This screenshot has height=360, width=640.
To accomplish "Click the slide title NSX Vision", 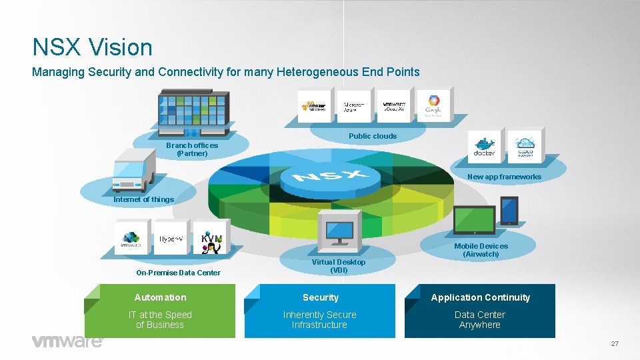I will coord(93,47).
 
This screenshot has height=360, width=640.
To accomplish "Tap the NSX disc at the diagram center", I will coord(331,177).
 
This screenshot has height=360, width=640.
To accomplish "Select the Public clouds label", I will coord(372,136).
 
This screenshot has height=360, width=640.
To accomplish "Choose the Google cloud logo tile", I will coord(434,105).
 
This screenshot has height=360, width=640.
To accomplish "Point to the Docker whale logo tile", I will coord(484,146).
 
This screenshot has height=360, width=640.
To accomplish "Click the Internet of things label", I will coord(143,199).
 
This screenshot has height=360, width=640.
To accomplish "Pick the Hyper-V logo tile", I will coord(171,239).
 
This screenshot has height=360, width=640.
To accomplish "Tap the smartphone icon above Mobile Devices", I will coord(509,211).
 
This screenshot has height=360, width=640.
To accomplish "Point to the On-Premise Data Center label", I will coord(178,273).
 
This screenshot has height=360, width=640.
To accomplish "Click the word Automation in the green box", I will coord(160,297).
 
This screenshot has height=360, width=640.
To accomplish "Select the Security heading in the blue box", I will coord(320,297).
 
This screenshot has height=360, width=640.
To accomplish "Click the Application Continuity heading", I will coord(480,297).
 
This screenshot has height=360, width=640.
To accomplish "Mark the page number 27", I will coord(615,343).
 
